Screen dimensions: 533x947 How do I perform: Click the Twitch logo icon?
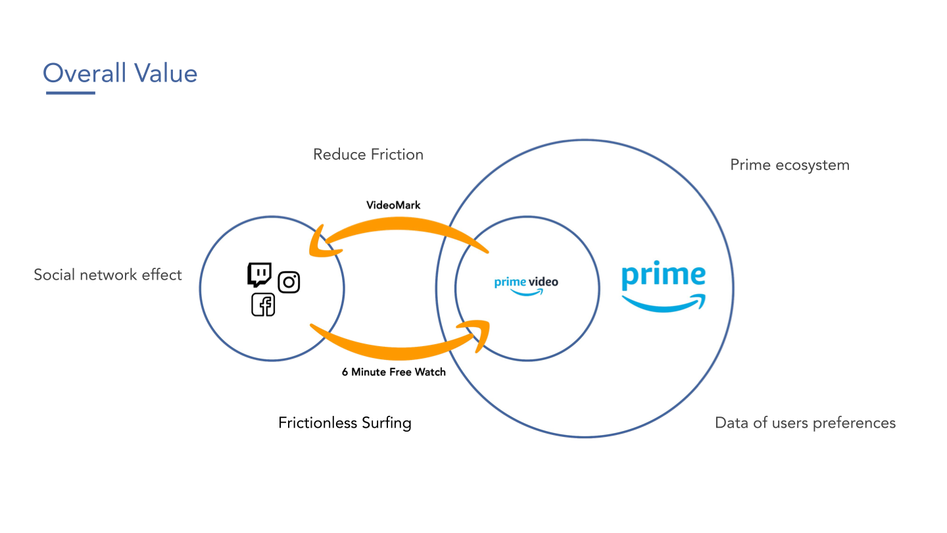point(259,274)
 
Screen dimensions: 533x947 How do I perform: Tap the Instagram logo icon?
point(289,282)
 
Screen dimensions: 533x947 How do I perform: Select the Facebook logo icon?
point(263,305)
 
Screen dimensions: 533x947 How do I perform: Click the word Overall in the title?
point(85,72)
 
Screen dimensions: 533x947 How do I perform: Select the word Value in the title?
point(166,72)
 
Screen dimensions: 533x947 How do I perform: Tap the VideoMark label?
point(393,205)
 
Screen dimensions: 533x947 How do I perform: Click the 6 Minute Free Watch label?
point(393,372)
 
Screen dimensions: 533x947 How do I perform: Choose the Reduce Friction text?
point(368,155)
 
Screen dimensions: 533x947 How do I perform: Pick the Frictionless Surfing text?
point(345,422)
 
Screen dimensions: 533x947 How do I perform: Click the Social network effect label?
point(108,274)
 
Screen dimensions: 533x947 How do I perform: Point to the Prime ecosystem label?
point(790,165)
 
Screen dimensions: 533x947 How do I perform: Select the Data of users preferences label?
point(805,422)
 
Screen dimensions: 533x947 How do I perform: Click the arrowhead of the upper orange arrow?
point(320,242)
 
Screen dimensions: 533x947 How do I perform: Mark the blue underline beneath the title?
point(70,93)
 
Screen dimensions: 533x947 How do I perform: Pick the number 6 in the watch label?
point(345,372)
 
